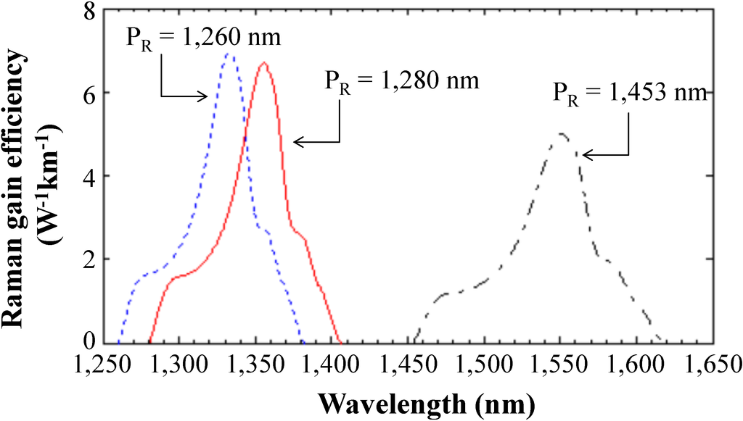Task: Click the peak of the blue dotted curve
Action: [229, 54]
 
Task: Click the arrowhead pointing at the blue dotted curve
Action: [206, 96]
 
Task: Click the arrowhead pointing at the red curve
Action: [296, 143]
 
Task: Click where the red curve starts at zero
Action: [149, 341]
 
